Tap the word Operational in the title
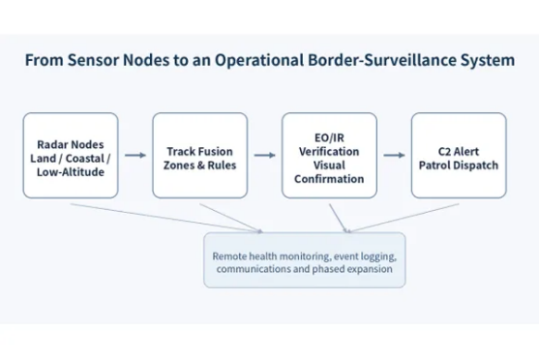[x=259, y=61]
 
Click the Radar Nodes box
[x=71, y=156]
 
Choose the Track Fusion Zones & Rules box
[x=200, y=156]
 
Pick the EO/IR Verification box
[x=329, y=156]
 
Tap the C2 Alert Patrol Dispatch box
[x=459, y=156]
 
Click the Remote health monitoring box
[x=305, y=260]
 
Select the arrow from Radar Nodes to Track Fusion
[x=135, y=156]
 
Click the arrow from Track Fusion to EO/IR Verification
[x=265, y=156]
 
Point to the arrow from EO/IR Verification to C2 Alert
[x=394, y=156]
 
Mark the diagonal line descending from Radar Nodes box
[x=166, y=218]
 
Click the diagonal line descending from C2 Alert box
[x=403, y=218]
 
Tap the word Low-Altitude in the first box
[x=71, y=172]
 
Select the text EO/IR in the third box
[x=329, y=137]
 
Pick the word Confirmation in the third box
[x=329, y=179]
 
